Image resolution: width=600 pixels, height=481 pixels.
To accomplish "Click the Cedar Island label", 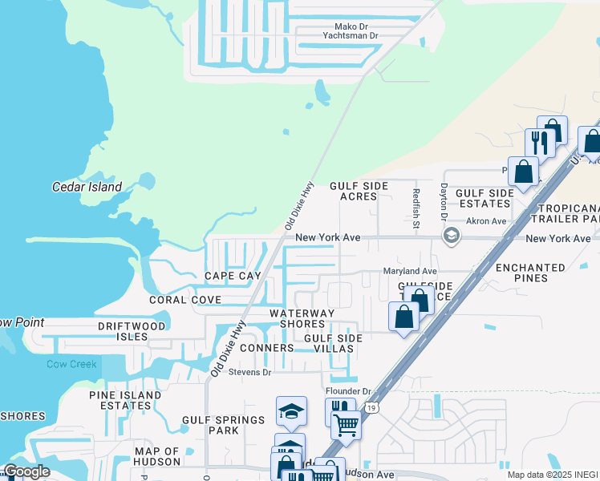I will pos(87,188).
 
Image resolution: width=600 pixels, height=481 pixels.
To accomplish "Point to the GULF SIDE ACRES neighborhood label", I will pos(359,191).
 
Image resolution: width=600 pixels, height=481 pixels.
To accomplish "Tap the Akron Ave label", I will pos(488,221).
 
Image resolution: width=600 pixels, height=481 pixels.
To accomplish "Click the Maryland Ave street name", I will pos(409,272).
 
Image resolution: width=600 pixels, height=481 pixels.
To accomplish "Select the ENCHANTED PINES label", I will pos(531,273).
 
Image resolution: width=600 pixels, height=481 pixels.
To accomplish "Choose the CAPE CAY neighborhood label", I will pos(233,276).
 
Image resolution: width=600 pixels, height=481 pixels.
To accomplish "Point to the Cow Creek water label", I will pos(71,364).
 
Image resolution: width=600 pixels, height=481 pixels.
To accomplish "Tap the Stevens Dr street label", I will pos(250,372).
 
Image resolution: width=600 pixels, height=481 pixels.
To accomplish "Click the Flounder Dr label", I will pos(348,391).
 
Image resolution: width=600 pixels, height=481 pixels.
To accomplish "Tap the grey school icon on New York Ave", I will pos(451,235).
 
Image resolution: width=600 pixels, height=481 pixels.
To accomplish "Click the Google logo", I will pos(26,471).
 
